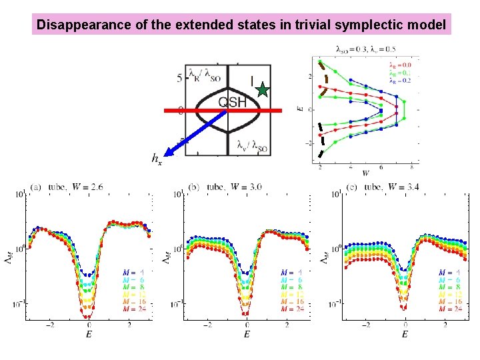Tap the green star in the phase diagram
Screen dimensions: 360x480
coord(263,89)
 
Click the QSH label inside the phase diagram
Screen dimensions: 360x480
coord(233,101)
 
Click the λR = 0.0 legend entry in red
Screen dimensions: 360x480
coord(400,65)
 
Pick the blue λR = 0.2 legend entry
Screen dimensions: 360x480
coord(400,79)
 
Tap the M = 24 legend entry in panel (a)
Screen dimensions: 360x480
coord(133,308)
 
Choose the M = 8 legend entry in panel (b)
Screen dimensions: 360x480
coord(291,287)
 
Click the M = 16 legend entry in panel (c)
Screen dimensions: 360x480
coord(450,301)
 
